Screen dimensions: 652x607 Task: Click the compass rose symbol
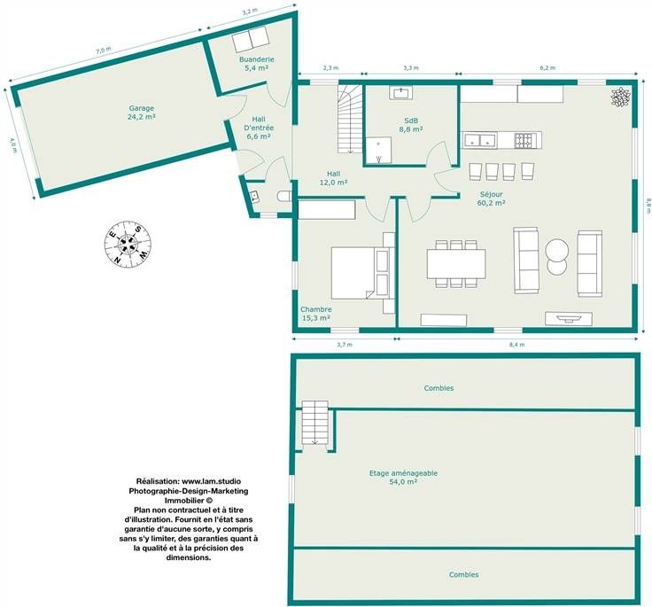pyautogui.click(x=128, y=245)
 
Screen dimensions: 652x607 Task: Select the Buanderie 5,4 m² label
pyautogui.click(x=257, y=64)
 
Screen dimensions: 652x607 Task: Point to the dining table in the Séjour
pyautogui.click(x=456, y=263)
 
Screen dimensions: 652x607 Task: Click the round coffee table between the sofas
pyautogui.click(x=557, y=251)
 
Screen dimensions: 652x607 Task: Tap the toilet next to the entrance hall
pyautogui.click(x=284, y=196)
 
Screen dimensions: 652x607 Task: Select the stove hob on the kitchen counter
pyautogui.click(x=523, y=141)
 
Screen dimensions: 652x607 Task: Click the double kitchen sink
pyautogui.click(x=480, y=140)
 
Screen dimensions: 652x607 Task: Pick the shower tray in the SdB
pyautogui.click(x=378, y=150)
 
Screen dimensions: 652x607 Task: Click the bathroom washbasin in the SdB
pyautogui.click(x=400, y=92)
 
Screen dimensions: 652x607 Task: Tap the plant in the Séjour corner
pyautogui.click(x=620, y=97)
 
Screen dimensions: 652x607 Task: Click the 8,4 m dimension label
pyautogui.click(x=517, y=345)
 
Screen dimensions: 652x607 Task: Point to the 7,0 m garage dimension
pyautogui.click(x=104, y=51)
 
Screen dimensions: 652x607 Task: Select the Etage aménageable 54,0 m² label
pyautogui.click(x=403, y=478)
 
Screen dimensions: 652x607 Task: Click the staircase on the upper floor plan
pyautogui.click(x=315, y=423)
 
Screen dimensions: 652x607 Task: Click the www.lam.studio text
pyautogui.click(x=211, y=481)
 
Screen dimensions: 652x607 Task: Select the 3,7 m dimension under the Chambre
pyautogui.click(x=345, y=345)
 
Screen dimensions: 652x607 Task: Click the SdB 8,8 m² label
pyautogui.click(x=411, y=125)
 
